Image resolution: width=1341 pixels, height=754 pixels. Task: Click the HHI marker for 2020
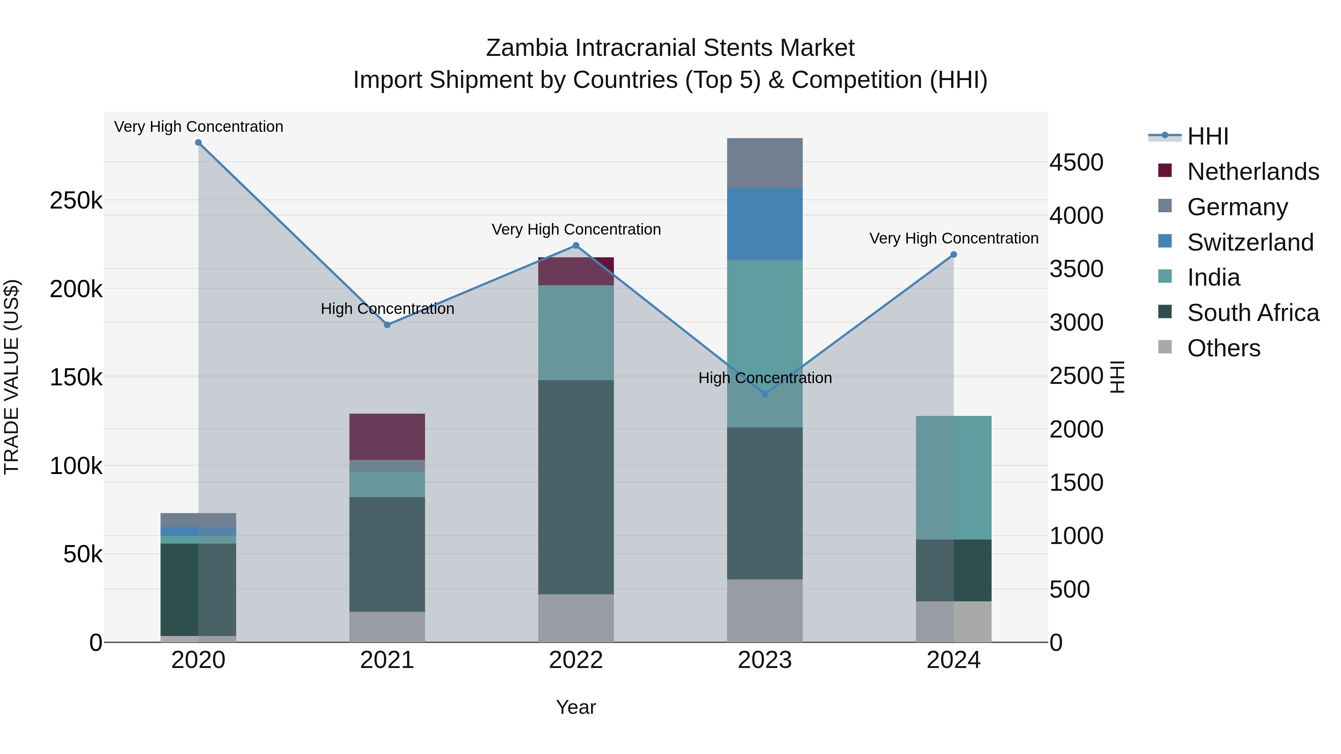pyautogui.click(x=198, y=143)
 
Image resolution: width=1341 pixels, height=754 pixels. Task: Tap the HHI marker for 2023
pyautogui.click(x=765, y=394)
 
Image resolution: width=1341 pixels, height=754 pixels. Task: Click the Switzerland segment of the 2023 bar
pyautogui.click(x=765, y=224)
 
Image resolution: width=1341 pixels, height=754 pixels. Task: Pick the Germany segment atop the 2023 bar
pyautogui.click(x=765, y=163)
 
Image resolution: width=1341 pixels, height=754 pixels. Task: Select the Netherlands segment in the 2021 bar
pyautogui.click(x=387, y=437)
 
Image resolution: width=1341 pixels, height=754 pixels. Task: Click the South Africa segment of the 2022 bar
pyautogui.click(x=576, y=487)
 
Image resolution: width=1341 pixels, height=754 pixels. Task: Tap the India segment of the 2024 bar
pyautogui.click(x=954, y=478)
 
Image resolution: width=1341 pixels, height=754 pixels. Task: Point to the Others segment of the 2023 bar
pyautogui.click(x=765, y=610)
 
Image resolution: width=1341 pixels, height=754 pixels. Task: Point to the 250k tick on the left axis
pyautogui.click(x=76, y=200)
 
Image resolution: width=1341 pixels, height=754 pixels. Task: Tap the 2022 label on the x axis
pyautogui.click(x=576, y=660)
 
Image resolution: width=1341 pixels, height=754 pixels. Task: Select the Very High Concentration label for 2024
pyautogui.click(x=954, y=238)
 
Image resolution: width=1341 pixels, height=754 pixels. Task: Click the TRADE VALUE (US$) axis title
pyautogui.click(x=12, y=377)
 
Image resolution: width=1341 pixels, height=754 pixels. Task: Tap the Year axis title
pyautogui.click(x=576, y=707)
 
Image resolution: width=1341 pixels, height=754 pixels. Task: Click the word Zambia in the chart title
pyautogui.click(x=526, y=48)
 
